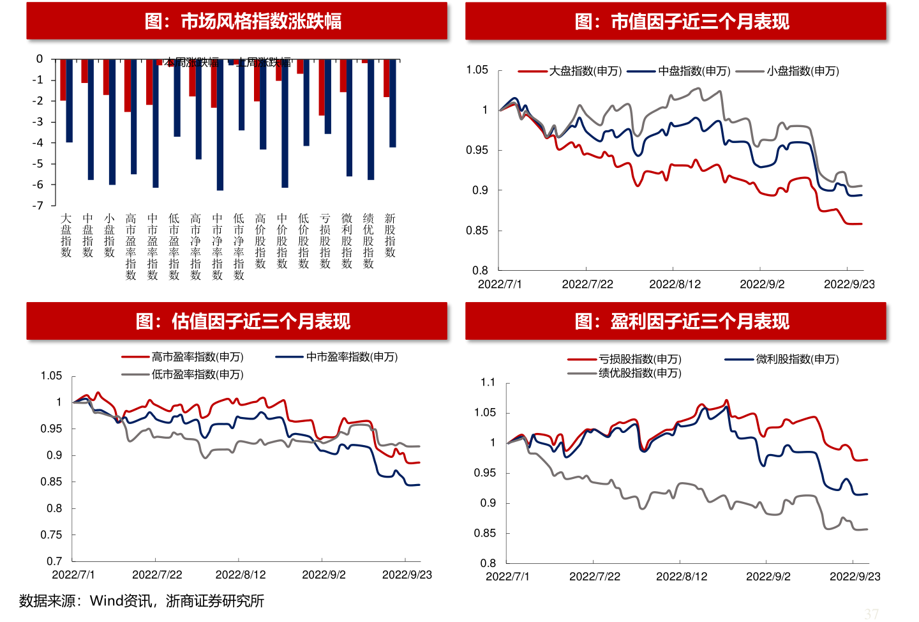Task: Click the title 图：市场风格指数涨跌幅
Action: tap(243, 21)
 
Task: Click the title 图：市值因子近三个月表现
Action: tap(682, 21)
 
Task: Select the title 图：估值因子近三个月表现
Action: tap(243, 321)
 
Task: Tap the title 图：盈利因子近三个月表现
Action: tap(682, 321)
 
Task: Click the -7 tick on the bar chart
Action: tap(39, 206)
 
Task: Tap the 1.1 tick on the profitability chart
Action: tap(488, 383)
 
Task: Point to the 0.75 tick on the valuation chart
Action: tap(51, 535)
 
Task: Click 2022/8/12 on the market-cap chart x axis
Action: tap(675, 284)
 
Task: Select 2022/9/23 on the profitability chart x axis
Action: tap(855, 577)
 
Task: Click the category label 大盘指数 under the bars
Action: tap(66, 236)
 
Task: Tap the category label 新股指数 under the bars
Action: tap(390, 236)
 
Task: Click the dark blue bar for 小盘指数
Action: tap(112, 122)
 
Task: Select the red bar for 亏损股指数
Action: tap(322, 87)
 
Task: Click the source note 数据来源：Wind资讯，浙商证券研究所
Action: tap(142, 601)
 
